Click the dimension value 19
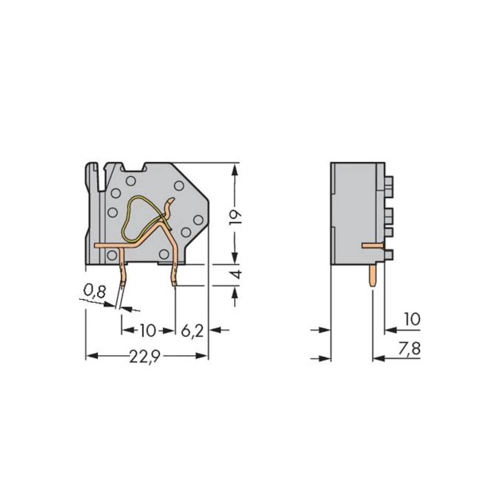(236, 217)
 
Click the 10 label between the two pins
(148, 330)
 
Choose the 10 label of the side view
(412, 320)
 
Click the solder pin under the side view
(373, 275)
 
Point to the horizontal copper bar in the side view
(372, 245)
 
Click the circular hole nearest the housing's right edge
(198, 220)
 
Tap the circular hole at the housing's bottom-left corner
(113, 255)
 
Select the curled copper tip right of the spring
(170, 207)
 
